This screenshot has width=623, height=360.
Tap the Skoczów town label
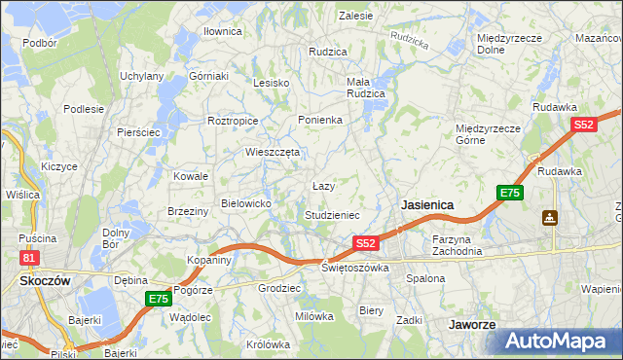[42, 280]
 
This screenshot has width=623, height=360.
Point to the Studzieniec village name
[333, 214]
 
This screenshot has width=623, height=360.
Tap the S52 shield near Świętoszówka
[365, 242]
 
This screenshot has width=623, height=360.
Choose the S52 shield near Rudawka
[583, 126]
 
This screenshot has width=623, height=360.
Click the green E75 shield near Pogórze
[158, 299]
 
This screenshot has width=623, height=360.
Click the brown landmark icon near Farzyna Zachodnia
[551, 217]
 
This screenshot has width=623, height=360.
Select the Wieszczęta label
[274, 152]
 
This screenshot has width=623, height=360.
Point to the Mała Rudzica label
[366, 88]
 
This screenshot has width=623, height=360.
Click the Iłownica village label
[222, 31]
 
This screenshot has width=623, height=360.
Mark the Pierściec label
[137, 132]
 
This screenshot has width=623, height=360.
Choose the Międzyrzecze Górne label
[488, 133]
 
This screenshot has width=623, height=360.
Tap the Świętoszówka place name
[355, 267]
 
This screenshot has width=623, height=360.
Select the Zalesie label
[355, 16]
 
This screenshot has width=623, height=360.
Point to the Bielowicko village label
[252, 202]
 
